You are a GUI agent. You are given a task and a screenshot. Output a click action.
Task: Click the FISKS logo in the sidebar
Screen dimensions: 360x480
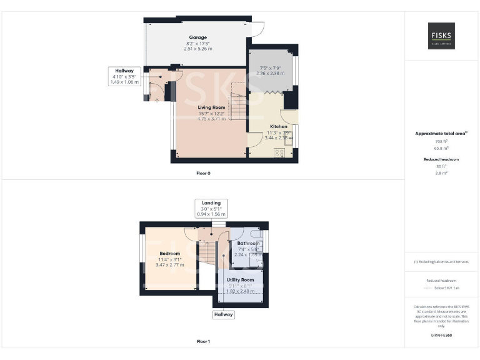[x=441, y=36]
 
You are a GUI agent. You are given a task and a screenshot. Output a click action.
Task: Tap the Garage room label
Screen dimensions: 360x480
[x=198, y=37]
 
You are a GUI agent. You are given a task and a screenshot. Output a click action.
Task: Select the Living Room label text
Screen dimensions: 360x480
[x=212, y=107]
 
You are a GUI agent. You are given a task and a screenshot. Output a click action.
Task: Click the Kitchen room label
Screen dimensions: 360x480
[x=279, y=126]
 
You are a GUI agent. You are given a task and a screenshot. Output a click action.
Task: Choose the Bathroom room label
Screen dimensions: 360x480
[x=248, y=243]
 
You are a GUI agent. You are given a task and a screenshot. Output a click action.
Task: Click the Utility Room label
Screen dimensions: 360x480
[x=240, y=279]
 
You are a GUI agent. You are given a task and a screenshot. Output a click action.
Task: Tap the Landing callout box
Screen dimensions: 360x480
[x=211, y=208]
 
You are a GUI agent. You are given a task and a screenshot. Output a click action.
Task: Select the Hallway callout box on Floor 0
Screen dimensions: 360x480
[x=124, y=76]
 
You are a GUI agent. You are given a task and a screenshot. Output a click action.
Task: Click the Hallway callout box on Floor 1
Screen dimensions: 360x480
[x=224, y=314]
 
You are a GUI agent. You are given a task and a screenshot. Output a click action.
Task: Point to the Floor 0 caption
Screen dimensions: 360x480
[x=203, y=172]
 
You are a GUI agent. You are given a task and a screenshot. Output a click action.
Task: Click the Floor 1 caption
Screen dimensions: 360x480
[x=203, y=341]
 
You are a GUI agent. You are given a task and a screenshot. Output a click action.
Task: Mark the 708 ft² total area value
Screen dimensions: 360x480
[x=441, y=142]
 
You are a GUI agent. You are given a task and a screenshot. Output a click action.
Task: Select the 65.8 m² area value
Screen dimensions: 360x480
[x=441, y=149]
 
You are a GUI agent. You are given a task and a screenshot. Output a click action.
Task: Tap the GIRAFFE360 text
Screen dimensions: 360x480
[x=441, y=336]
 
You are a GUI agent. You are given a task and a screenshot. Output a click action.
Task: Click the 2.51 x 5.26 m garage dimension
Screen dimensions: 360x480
[x=198, y=48]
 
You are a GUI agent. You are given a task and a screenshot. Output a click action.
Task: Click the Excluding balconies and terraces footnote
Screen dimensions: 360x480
[x=441, y=261]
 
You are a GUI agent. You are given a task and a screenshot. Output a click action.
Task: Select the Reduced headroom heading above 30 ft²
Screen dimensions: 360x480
[x=441, y=159]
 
